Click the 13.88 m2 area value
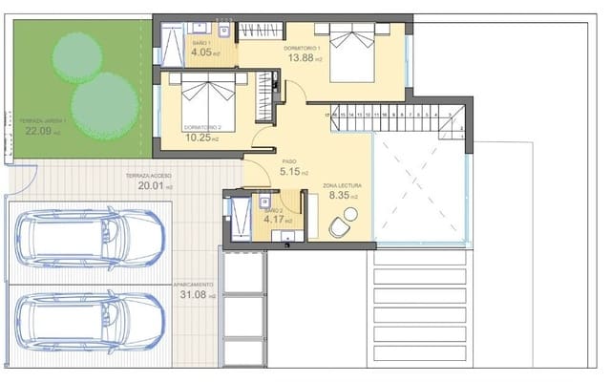click(305, 58)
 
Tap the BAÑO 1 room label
click(201, 44)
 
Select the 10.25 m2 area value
click(201, 138)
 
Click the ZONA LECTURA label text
click(342, 184)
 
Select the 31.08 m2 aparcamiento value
click(195, 295)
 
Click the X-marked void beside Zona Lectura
click(418, 186)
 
